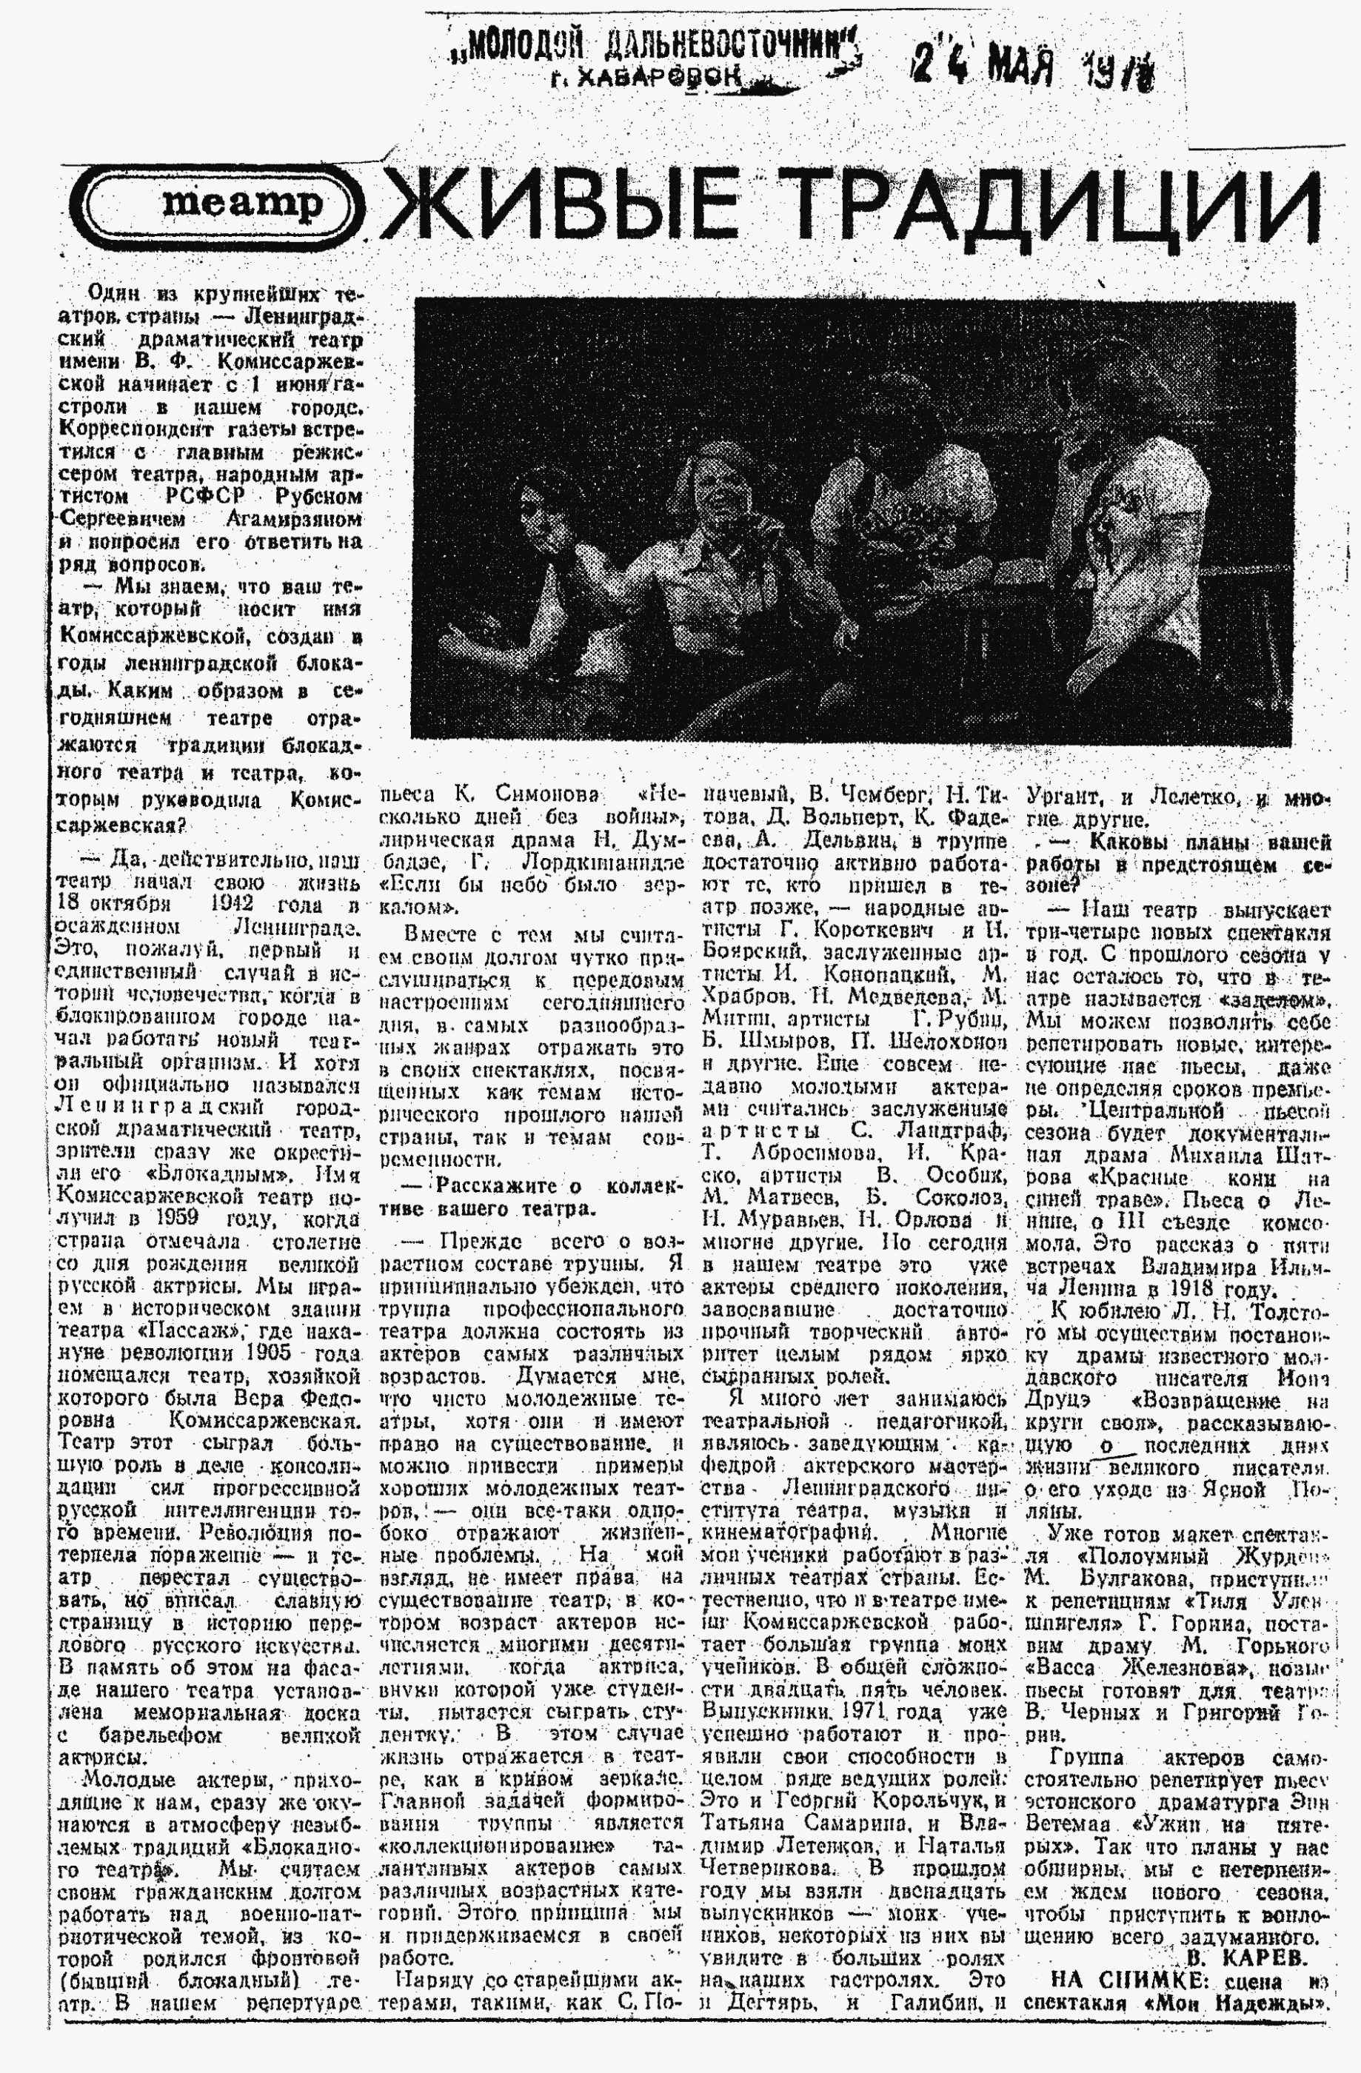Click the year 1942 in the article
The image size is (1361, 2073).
tap(232, 902)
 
